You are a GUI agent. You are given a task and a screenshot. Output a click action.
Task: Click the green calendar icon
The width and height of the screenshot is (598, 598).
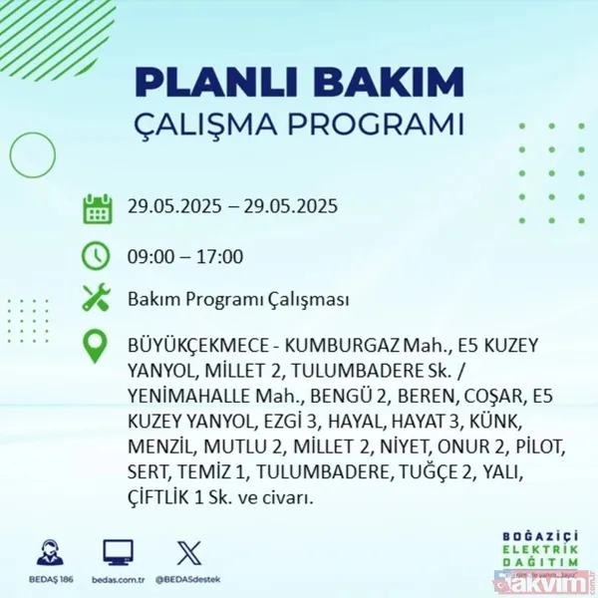[x=97, y=208]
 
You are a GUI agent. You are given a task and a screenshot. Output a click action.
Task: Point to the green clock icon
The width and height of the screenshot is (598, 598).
[x=97, y=255]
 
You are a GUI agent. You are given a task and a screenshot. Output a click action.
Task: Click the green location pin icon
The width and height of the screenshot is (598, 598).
[x=97, y=347]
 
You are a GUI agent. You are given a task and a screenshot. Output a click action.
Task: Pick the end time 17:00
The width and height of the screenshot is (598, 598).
[x=219, y=257]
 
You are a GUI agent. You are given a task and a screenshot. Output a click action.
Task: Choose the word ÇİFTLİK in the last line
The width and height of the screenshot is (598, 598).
[x=160, y=495]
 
